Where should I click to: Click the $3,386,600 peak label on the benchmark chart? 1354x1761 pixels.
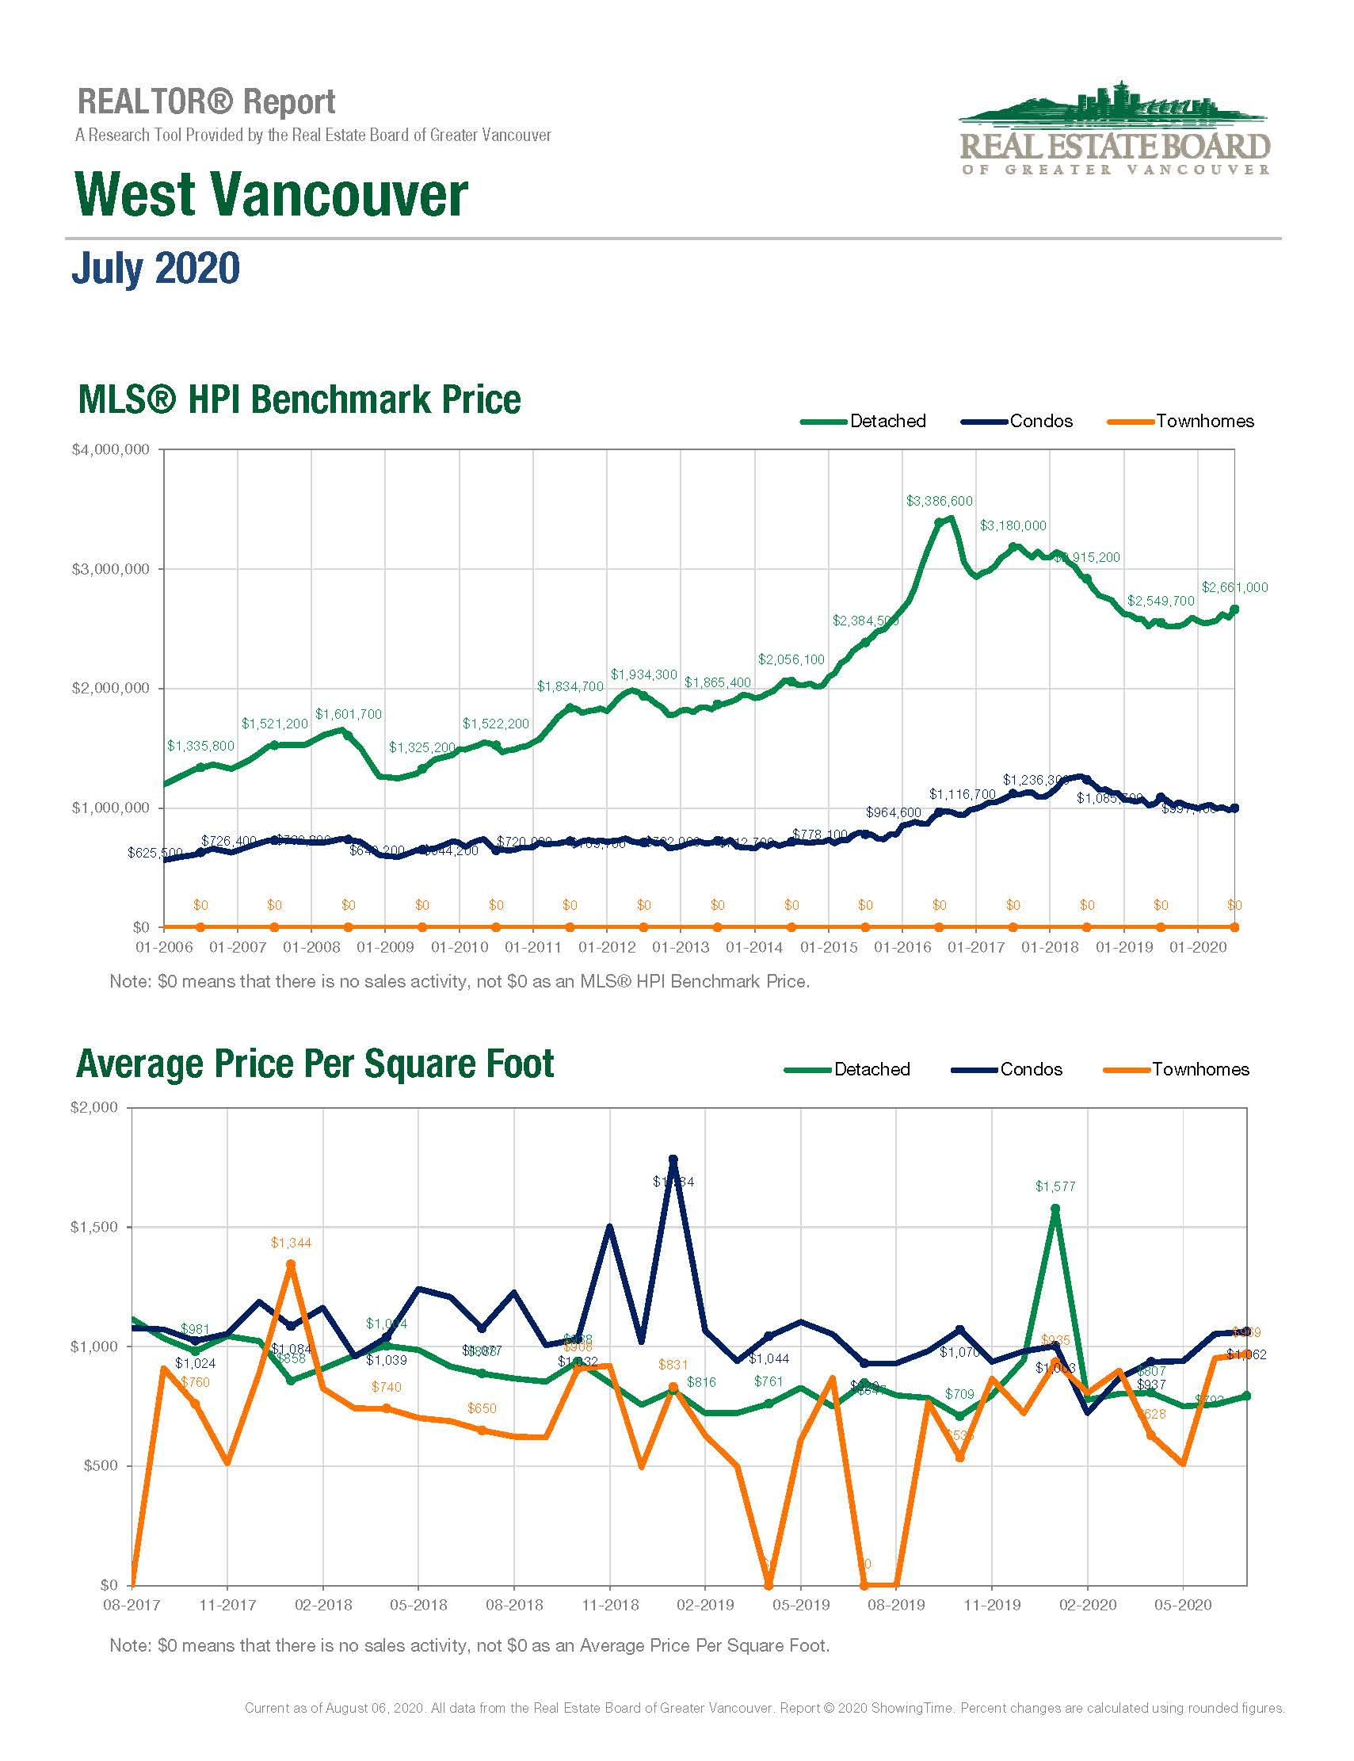pyautogui.click(x=939, y=501)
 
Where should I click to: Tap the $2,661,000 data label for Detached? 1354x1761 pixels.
pyautogui.click(x=1234, y=587)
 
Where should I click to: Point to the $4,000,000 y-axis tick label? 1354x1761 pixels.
pyautogui.click(x=110, y=450)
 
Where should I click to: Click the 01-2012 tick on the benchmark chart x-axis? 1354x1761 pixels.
pyautogui.click(x=607, y=947)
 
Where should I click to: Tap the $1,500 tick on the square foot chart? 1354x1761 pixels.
pyautogui.click(x=93, y=1227)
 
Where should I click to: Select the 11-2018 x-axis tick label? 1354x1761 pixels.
pyautogui.click(x=610, y=1606)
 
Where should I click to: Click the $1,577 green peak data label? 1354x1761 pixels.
pyautogui.click(x=1055, y=1186)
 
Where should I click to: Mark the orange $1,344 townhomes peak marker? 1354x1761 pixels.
pyautogui.click(x=291, y=1265)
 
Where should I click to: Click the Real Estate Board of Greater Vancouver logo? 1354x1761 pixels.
pyautogui.click(x=1115, y=129)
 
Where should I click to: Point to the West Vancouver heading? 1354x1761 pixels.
pyautogui.click(x=271, y=195)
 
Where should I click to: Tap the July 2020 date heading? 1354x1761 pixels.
pyautogui.click(x=155, y=269)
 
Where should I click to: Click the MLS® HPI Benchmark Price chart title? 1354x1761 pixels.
pyautogui.click(x=299, y=400)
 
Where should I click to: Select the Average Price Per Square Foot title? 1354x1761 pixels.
pyautogui.click(x=315, y=1064)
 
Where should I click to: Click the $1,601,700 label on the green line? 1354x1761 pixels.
pyautogui.click(x=348, y=714)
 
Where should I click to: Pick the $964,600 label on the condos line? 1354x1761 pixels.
pyautogui.click(x=893, y=812)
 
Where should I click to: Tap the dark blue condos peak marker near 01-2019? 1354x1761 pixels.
pyautogui.click(x=673, y=1159)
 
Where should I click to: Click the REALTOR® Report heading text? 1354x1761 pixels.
pyautogui.click(x=206, y=102)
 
